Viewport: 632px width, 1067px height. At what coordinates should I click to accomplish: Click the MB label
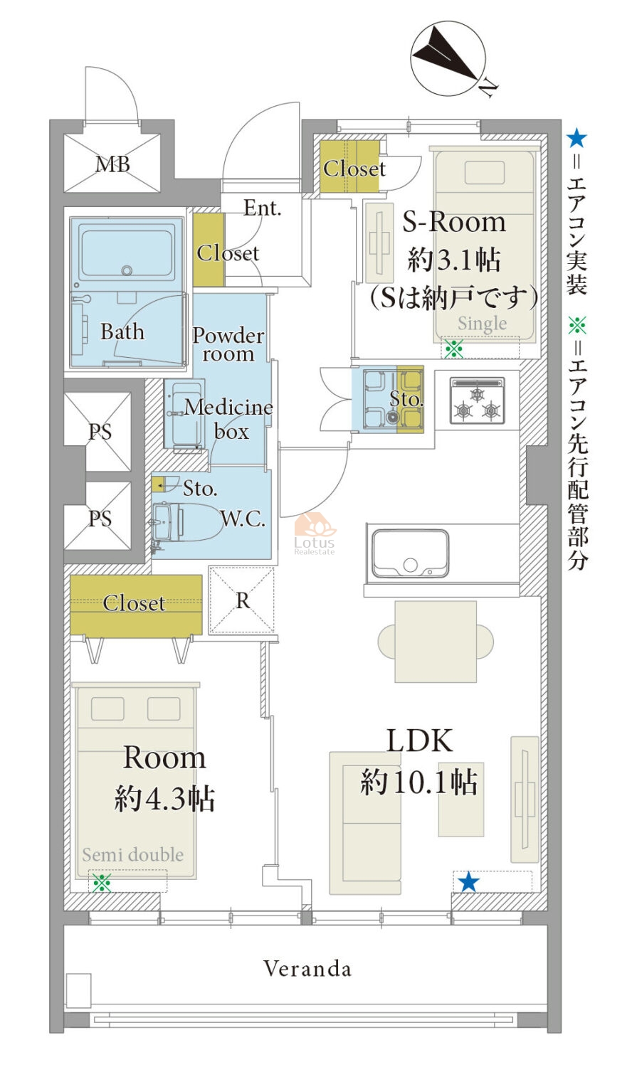click(x=112, y=164)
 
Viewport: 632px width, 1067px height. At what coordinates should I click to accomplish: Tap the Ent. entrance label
click(x=262, y=208)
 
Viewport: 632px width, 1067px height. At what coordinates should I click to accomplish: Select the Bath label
click(x=122, y=331)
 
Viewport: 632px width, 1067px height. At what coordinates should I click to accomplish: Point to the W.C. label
click(x=243, y=519)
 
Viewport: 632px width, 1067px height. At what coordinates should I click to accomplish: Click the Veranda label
click(x=307, y=968)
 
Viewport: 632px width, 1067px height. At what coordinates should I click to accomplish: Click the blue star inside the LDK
click(x=468, y=882)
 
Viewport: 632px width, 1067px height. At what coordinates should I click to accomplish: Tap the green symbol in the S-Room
click(x=453, y=349)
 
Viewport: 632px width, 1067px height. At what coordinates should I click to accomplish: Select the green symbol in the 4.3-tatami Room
click(x=102, y=883)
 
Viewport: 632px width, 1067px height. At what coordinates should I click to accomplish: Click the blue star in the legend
click(x=576, y=138)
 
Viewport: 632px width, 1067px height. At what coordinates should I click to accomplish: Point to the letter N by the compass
click(x=488, y=87)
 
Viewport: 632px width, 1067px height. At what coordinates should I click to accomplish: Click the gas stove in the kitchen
click(x=477, y=400)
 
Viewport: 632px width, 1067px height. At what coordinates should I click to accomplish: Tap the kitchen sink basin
click(x=411, y=553)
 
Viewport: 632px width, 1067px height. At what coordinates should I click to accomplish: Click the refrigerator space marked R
click(x=243, y=600)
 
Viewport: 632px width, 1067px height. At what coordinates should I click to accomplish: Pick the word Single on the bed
click(x=483, y=324)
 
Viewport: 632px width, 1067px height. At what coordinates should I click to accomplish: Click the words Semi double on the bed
click(x=132, y=854)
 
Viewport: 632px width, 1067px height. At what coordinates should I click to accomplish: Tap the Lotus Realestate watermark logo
click(x=315, y=533)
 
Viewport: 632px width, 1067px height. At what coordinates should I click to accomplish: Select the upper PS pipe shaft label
click(x=100, y=432)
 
